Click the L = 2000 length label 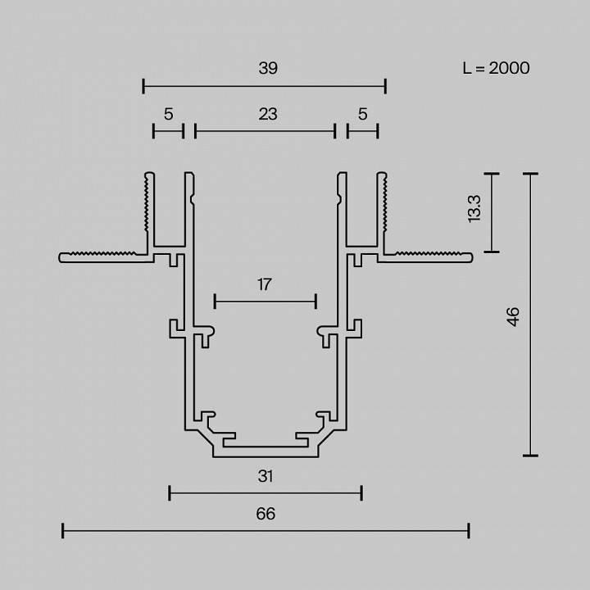[496, 68]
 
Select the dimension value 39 [268, 68]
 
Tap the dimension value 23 [268, 114]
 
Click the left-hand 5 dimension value [168, 114]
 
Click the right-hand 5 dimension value [362, 114]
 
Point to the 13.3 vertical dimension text [474, 210]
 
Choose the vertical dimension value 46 [513, 316]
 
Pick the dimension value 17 [264, 285]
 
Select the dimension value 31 [265, 475]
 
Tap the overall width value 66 [265, 514]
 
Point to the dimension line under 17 [265, 302]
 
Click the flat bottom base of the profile [265, 451]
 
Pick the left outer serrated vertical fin [149, 209]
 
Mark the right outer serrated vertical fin [381, 209]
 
